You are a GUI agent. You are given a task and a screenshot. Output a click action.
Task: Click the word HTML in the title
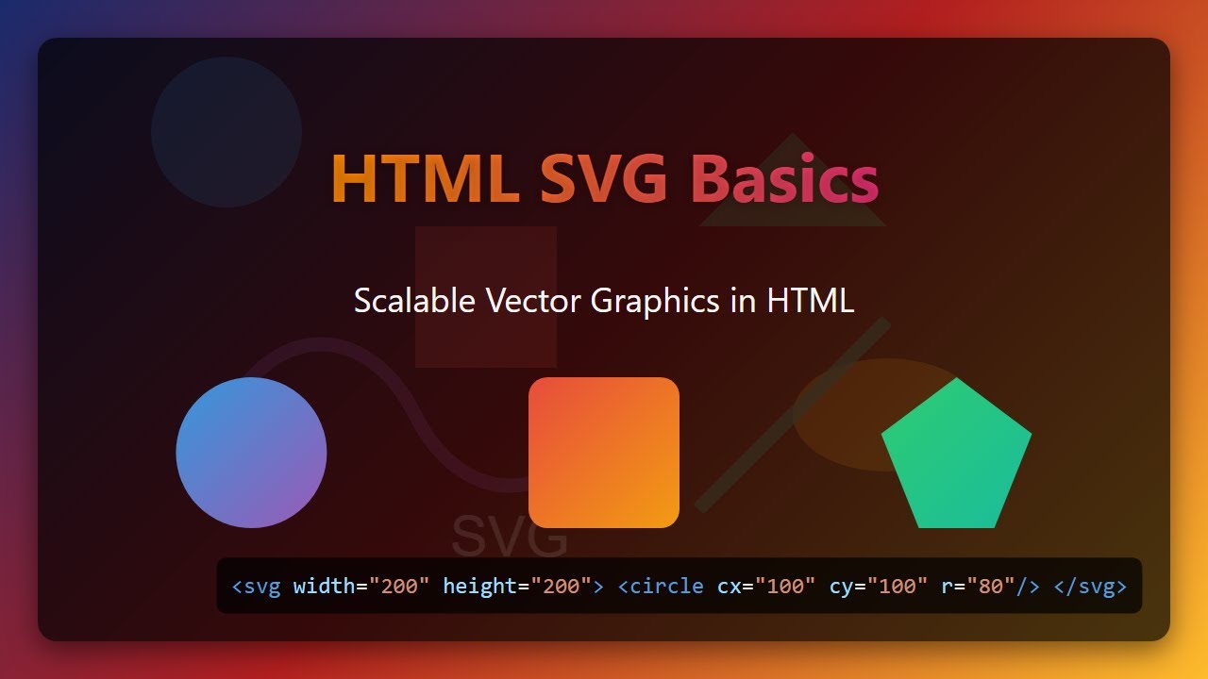pyautogui.click(x=424, y=179)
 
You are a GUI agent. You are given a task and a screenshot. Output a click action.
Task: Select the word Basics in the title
pyautogui.click(x=784, y=179)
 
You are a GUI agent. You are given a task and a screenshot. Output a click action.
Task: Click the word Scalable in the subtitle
pyautogui.click(x=414, y=301)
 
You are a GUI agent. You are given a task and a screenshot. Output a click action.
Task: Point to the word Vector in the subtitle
pyautogui.click(x=533, y=301)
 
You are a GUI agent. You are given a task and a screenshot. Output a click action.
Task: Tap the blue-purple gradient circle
pyautogui.click(x=251, y=453)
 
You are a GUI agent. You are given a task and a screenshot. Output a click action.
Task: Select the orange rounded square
pyautogui.click(x=604, y=453)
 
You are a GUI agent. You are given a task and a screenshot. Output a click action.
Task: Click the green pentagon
pyautogui.click(x=956, y=457)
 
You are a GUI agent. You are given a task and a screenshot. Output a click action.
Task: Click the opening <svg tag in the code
pyautogui.click(x=256, y=587)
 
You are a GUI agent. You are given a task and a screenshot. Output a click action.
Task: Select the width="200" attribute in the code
pyautogui.click(x=361, y=587)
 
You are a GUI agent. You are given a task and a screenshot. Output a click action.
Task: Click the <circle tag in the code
pyautogui.click(x=661, y=587)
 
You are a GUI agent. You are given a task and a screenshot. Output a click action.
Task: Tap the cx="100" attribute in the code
pyautogui.click(x=766, y=587)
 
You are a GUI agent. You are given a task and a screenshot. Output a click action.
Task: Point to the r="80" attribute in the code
pyautogui.click(x=978, y=587)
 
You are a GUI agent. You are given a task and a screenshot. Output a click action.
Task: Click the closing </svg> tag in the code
pyautogui.click(x=1090, y=587)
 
